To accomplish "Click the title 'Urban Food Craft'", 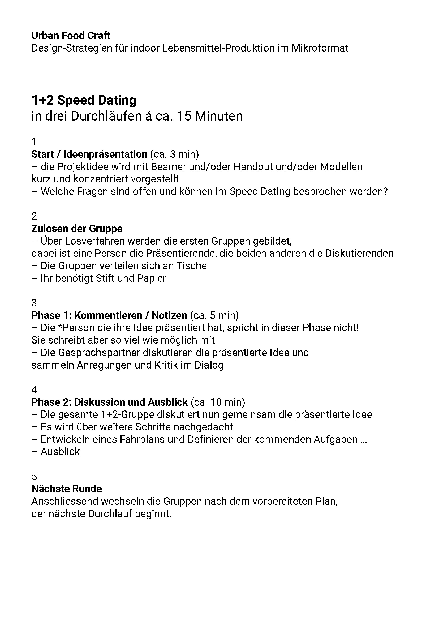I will pyautogui.click(x=71, y=36).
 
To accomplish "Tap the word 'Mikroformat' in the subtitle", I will pyautogui.click(x=320, y=48).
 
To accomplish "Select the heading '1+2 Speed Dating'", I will pyautogui.click(x=84, y=100).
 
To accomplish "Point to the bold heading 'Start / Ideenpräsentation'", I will pyautogui.click(x=89, y=154).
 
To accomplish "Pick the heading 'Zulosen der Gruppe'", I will pyautogui.click(x=77, y=229).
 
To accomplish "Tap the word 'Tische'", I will pyautogui.click(x=192, y=266).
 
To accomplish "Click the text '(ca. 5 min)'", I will pyautogui.click(x=214, y=315).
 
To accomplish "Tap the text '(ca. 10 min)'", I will pyautogui.click(x=218, y=402).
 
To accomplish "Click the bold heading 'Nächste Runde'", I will pyautogui.click(x=67, y=489).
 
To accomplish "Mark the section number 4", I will pyautogui.click(x=34, y=390).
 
